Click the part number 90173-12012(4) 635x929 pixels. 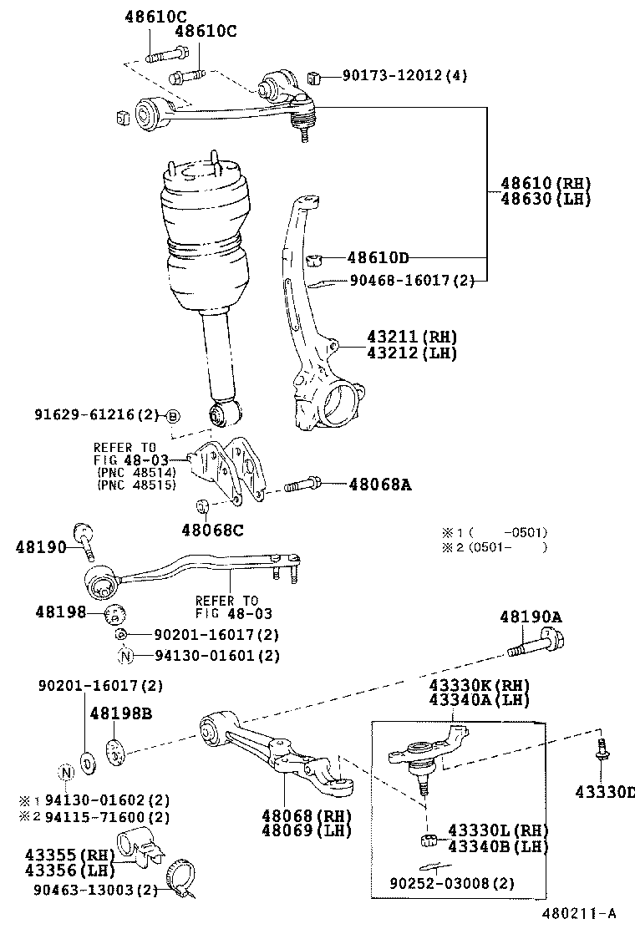[x=404, y=76]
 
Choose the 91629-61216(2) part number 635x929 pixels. [x=96, y=415]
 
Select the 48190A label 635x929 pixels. [x=531, y=617]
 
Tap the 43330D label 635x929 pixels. [x=604, y=791]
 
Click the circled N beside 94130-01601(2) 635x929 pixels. [x=125, y=656]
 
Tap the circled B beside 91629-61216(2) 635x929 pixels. [x=172, y=416]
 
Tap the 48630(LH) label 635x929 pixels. [x=546, y=199]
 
